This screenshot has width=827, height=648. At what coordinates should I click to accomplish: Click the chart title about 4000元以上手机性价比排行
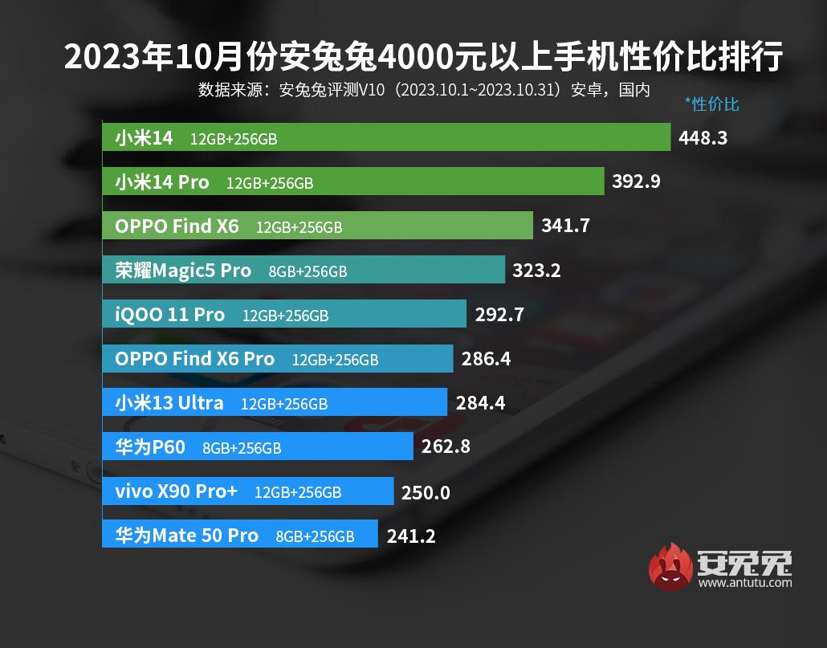pos(422,58)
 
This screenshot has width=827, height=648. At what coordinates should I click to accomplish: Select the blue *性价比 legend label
pos(711,104)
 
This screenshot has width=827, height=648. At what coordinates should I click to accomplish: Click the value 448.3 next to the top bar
pos(703,138)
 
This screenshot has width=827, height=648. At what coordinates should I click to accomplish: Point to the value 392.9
pos(636,181)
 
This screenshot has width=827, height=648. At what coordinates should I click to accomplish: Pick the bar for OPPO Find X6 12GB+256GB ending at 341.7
pos(317,226)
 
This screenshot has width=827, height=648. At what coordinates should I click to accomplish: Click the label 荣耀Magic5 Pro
pos(183,271)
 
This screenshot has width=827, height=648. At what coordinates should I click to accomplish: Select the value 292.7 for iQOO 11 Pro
pos(499,315)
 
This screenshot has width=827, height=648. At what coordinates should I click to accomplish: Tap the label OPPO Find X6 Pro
pos(194,359)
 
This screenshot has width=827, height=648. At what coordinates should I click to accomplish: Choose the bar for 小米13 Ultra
pos(274,403)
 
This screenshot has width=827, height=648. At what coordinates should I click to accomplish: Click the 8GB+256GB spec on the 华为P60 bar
pos(242,448)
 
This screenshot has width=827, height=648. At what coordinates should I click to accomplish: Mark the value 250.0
pos(426,492)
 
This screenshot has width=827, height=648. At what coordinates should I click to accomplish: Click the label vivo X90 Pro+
pos(176,491)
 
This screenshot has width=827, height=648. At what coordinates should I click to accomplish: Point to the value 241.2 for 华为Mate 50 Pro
pos(410,536)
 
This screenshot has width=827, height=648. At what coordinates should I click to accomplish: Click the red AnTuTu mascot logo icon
pos(671,567)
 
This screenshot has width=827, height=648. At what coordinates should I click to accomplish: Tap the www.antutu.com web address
pos(745,583)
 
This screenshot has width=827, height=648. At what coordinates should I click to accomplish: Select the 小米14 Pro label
pos(161,182)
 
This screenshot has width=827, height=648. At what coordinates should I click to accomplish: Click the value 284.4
pos(480,403)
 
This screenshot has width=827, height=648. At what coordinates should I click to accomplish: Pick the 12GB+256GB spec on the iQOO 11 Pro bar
pos(285,316)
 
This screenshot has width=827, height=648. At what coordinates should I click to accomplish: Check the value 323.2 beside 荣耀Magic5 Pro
pos(536,271)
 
